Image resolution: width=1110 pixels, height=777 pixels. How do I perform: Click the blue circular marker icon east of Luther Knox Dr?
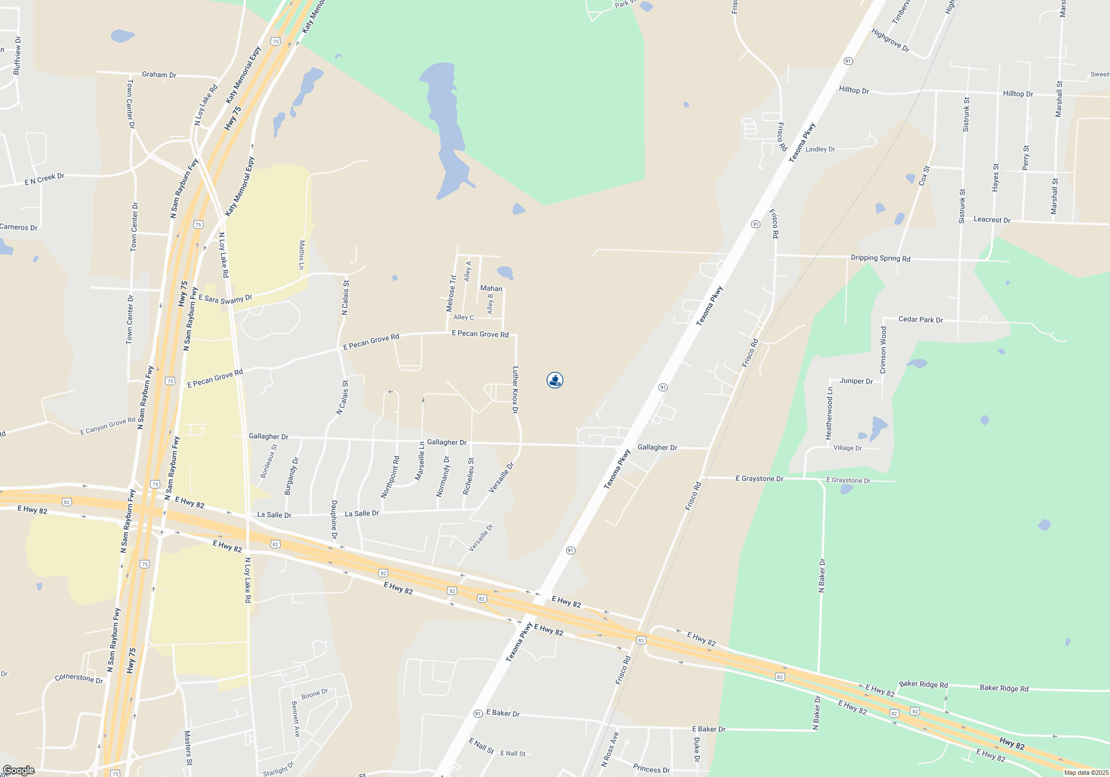(555, 380)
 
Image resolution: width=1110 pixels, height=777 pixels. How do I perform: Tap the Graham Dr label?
(159, 74)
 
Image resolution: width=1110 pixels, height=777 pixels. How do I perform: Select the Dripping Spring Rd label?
(880, 258)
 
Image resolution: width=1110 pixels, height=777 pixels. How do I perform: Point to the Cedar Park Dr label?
(921, 320)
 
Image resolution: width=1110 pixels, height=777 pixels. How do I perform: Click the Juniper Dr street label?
(856, 381)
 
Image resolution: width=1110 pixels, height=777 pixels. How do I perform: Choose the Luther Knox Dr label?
(515, 390)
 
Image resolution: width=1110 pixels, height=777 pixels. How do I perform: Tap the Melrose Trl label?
(451, 293)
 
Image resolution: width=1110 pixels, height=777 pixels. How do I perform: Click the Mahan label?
(491, 289)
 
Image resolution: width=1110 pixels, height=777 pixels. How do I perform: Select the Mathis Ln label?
(302, 255)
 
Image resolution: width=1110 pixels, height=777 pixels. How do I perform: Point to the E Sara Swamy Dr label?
(225, 299)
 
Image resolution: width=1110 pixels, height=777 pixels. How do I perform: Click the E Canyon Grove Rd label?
(108, 426)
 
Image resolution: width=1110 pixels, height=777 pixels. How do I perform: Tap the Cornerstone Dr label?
(79, 678)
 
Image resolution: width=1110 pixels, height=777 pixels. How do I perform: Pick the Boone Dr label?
(315, 694)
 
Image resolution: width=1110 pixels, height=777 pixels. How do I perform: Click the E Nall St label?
(513, 753)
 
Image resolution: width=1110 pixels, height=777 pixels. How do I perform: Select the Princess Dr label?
(652, 769)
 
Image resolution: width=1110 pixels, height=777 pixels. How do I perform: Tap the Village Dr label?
(847, 448)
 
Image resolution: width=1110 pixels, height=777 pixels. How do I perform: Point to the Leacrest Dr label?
(992, 220)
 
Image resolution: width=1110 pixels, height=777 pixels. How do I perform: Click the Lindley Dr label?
(820, 149)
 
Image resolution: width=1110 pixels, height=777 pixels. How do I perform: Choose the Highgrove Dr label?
(890, 41)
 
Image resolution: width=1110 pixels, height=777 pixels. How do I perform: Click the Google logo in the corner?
(18, 770)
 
